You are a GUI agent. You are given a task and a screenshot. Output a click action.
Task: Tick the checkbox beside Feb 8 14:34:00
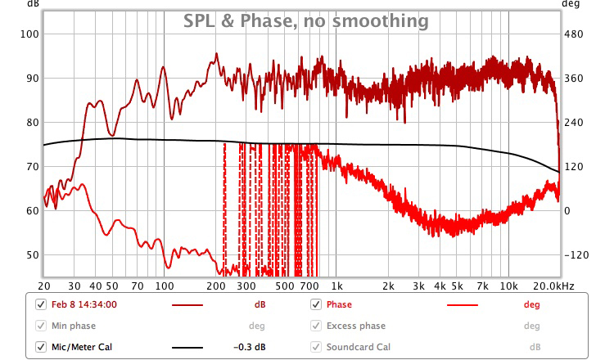click(x=42, y=304)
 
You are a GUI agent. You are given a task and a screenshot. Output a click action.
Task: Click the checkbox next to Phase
click(x=316, y=304)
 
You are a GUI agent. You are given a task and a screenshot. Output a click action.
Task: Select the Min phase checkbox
click(x=42, y=326)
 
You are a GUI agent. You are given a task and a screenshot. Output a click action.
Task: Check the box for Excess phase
click(x=316, y=326)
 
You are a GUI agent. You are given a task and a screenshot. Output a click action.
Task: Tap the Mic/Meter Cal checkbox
click(x=42, y=347)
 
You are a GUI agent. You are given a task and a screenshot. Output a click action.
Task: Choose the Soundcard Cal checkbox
click(x=316, y=347)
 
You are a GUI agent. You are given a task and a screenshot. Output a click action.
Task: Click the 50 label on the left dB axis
click(x=31, y=254)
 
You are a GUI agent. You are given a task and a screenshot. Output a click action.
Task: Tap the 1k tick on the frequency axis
click(x=337, y=286)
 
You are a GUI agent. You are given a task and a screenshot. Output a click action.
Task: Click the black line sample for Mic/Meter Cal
click(x=187, y=348)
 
